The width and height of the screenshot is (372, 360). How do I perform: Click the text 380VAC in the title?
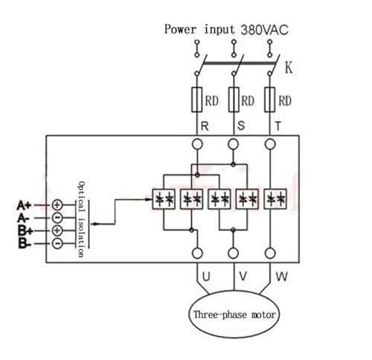click(x=265, y=30)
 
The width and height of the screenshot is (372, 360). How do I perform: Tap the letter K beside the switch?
click(x=289, y=67)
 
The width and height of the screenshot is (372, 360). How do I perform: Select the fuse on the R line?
click(x=197, y=100)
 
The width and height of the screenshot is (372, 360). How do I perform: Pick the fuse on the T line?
click(x=270, y=100)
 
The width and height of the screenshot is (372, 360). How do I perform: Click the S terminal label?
click(x=241, y=126)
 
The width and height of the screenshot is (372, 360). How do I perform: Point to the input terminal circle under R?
click(x=197, y=144)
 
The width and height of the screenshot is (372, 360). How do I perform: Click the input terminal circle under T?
click(x=270, y=144)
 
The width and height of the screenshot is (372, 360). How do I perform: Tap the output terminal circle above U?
click(x=197, y=254)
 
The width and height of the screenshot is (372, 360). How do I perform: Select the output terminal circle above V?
click(x=233, y=254)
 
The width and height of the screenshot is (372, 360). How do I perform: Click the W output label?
click(x=282, y=277)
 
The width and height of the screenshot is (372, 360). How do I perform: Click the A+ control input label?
click(x=24, y=205)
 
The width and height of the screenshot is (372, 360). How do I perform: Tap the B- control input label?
click(x=25, y=243)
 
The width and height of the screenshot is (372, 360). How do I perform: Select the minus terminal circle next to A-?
click(x=57, y=218)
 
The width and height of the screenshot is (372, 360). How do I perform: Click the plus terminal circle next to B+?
click(x=57, y=231)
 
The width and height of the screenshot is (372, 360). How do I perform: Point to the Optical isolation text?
click(x=82, y=219)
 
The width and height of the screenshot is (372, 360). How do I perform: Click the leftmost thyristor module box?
click(x=164, y=199)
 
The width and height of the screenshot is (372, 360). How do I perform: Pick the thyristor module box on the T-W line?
click(x=275, y=199)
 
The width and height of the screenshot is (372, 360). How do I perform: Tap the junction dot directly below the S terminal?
click(x=233, y=164)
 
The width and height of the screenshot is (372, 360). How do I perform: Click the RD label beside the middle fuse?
click(x=248, y=101)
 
